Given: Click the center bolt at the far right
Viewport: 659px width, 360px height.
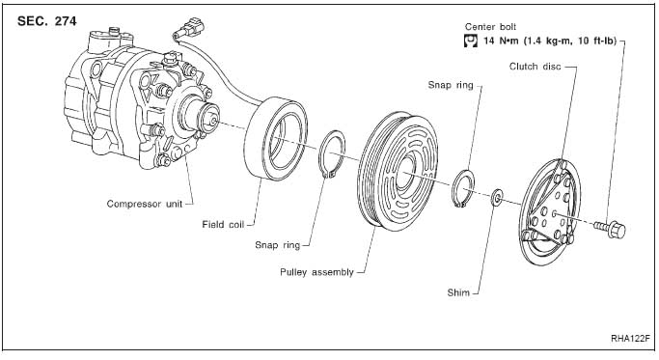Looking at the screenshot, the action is coord(610,229).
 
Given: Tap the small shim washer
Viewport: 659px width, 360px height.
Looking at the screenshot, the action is coord(497,198).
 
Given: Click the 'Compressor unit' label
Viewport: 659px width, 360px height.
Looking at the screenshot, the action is coord(145,204).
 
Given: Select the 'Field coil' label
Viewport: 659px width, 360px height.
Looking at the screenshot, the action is coord(223,225).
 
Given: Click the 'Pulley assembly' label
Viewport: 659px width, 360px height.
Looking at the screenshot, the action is coord(316,272).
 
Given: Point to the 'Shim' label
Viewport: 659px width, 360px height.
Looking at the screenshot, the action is coord(458,292).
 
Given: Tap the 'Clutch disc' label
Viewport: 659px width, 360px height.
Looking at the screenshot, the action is coord(535,66).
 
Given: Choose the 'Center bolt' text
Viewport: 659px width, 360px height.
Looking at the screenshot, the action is coord(490,27).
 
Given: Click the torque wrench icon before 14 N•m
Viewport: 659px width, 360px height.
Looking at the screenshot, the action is coord(471,41).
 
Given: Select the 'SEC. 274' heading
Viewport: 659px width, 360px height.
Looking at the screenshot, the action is coord(47,21).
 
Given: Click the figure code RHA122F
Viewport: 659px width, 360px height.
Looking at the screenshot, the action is coord(630,339).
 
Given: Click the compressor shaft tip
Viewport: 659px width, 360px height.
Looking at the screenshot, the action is coord(214,121).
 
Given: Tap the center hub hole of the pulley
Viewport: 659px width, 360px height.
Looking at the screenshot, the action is coord(404,173).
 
